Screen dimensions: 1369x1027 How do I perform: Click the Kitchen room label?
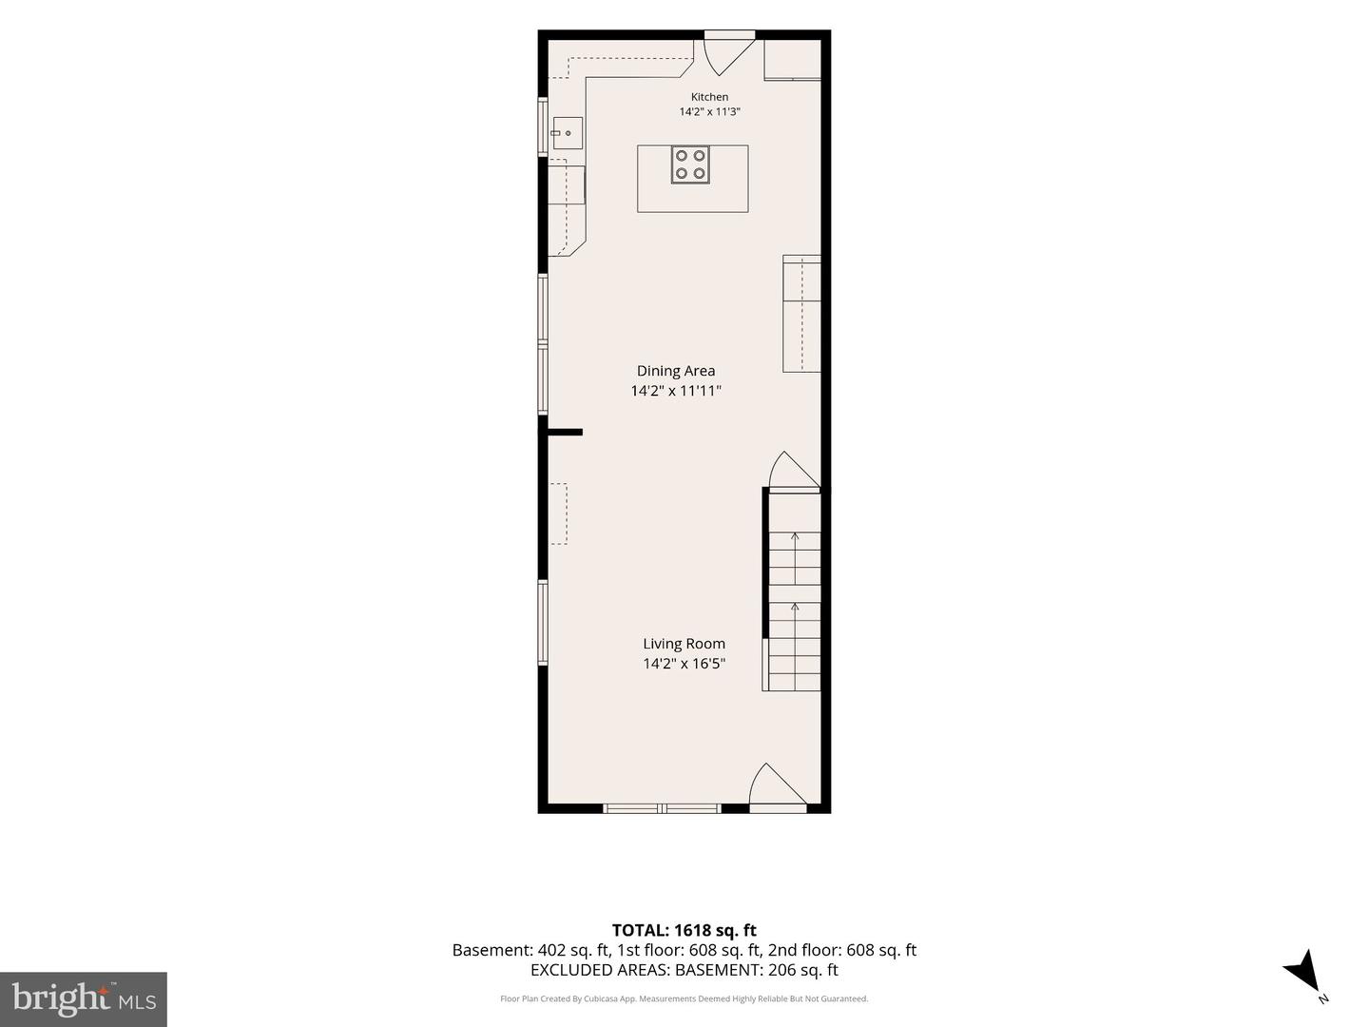click(709, 97)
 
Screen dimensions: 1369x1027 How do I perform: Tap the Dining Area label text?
click(675, 371)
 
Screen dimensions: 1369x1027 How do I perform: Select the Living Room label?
click(684, 644)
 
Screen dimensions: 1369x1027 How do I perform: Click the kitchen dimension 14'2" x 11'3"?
click(709, 112)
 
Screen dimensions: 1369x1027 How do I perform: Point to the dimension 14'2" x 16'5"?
click(684, 664)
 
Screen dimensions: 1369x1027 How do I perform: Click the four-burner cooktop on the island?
click(690, 165)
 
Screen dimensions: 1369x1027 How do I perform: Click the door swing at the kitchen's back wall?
click(727, 57)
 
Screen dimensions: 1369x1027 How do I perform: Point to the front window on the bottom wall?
click(662, 808)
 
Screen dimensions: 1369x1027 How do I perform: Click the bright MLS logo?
click(84, 998)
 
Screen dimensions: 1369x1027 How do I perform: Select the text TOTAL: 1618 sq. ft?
click(684, 930)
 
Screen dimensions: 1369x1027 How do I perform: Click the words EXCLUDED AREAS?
click(600, 970)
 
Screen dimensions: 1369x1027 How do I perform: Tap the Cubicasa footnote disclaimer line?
click(684, 998)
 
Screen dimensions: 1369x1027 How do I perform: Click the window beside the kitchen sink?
click(543, 127)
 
